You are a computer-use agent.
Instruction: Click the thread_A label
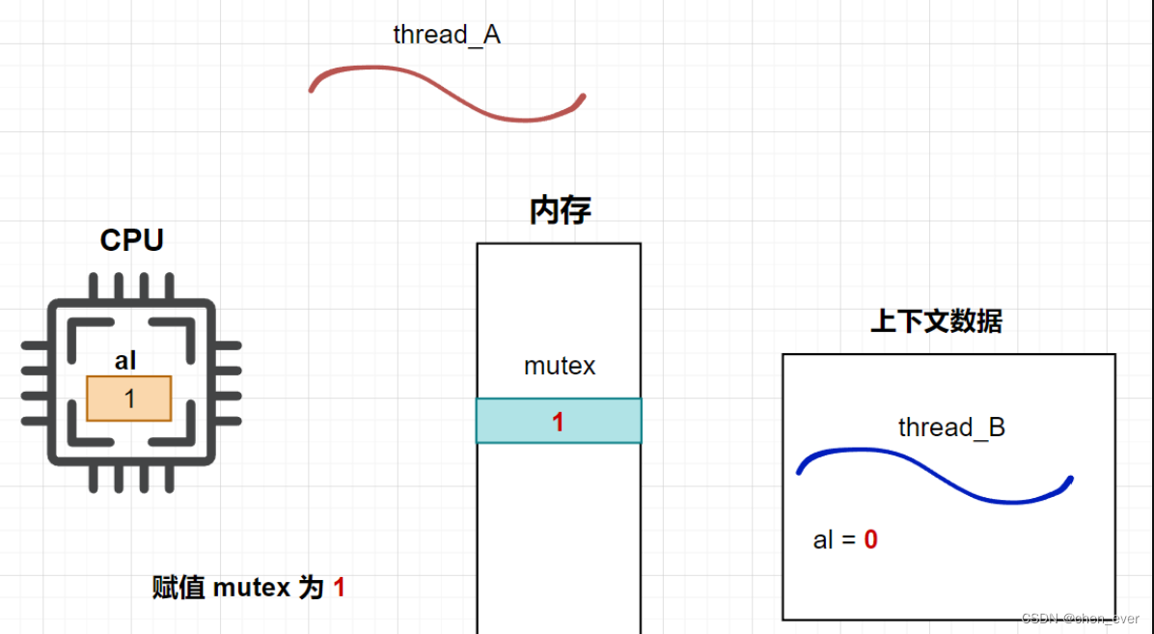tap(447, 36)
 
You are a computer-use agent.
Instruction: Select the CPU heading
tap(131, 240)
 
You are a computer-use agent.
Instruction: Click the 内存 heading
tap(560, 210)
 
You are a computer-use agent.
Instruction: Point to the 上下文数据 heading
tap(936, 321)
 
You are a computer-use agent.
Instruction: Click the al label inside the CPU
tap(125, 362)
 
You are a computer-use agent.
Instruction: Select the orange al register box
tap(128, 399)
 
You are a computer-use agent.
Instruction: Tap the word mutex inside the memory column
tap(560, 367)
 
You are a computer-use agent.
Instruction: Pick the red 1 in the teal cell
tap(558, 422)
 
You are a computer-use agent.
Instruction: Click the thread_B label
tap(951, 427)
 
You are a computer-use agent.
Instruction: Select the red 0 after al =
tap(870, 540)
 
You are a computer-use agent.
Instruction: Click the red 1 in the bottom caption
tap(339, 587)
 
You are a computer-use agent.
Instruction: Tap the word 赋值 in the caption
tap(179, 587)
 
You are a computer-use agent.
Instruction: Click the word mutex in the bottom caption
tap(251, 587)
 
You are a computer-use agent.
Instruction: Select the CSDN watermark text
tap(1080, 619)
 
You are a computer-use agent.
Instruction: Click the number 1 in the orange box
tap(130, 399)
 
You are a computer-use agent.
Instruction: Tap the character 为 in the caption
tap(311, 587)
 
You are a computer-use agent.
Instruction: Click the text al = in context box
tap(835, 540)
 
